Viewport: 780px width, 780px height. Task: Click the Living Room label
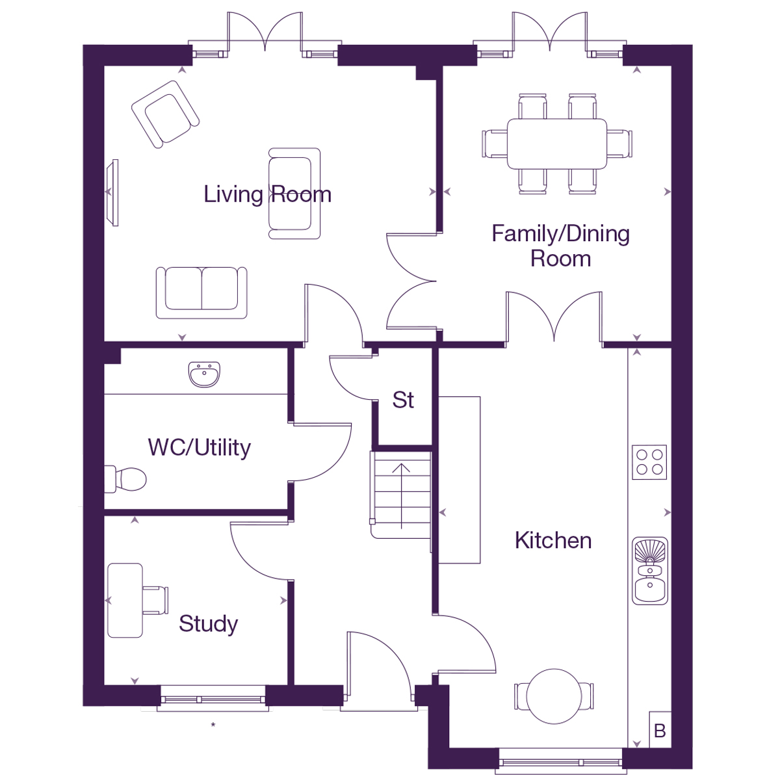tap(267, 194)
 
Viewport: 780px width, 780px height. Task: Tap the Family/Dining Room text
tap(560, 246)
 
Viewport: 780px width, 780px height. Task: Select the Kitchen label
tap(553, 540)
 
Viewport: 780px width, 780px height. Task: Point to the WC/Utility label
tap(199, 447)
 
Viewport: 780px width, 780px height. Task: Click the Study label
tap(208, 623)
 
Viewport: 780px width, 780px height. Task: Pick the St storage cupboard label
tap(403, 400)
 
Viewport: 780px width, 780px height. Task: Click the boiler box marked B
tap(660, 731)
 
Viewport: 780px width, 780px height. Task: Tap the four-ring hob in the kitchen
tap(649, 462)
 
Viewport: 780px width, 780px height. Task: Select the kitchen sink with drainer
tap(650, 571)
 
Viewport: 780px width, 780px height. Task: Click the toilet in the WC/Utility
tap(126, 480)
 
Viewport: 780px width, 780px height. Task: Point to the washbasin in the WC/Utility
tap(205, 374)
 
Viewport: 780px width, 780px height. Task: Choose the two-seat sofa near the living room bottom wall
tap(201, 292)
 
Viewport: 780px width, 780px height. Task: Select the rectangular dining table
tap(557, 143)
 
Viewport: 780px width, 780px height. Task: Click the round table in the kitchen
tap(554, 696)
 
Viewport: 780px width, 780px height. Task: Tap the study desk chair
tap(155, 600)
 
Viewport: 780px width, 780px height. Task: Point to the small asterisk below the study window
tap(213, 724)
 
